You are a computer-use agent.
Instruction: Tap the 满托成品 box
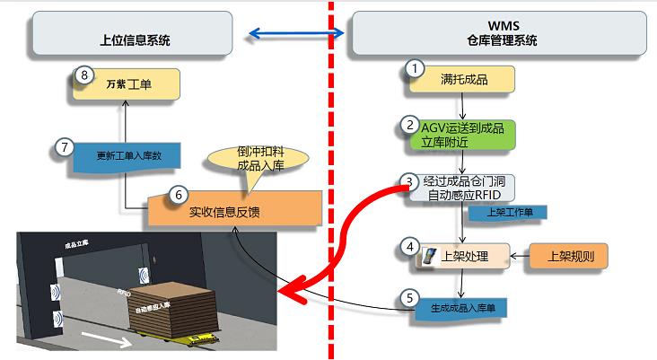point(463,80)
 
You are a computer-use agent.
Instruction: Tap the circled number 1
point(414,68)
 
